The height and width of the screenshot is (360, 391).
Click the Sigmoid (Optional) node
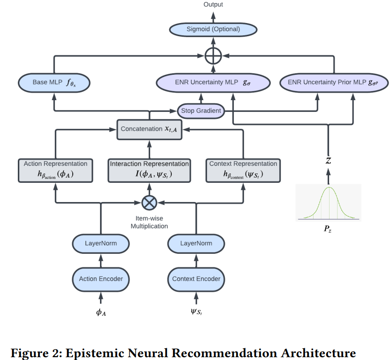(213, 29)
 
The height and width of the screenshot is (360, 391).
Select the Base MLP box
(54, 83)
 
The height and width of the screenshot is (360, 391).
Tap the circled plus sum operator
(213, 56)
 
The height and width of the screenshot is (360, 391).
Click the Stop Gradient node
(201, 111)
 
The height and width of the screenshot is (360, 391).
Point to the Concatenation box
(149, 129)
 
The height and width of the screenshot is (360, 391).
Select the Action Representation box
(55, 170)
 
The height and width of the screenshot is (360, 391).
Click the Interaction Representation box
(149, 170)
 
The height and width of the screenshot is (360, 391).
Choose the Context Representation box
(243, 170)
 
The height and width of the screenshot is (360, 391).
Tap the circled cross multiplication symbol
(149, 203)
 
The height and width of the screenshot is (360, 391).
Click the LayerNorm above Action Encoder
(101, 243)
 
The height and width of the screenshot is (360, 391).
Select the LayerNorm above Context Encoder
(196, 243)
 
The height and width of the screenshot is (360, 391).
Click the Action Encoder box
(101, 279)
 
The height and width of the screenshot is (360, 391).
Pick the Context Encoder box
(196, 279)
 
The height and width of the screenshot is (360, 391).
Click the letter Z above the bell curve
(328, 161)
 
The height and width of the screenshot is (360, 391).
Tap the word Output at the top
(213, 5)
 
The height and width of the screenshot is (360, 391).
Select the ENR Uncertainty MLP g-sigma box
(213, 83)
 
